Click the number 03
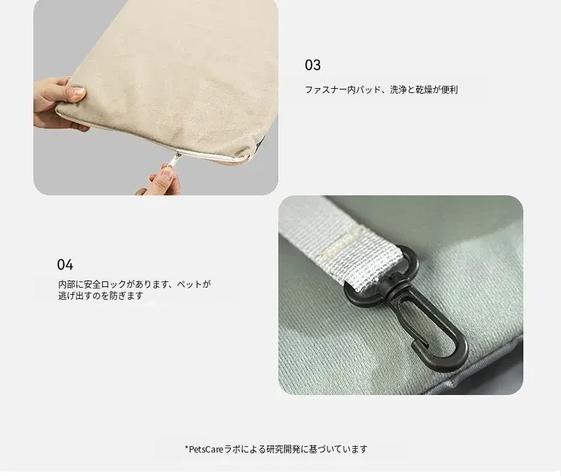click(x=312, y=65)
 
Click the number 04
click(x=65, y=265)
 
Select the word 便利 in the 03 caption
click(x=450, y=90)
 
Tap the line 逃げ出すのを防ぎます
click(x=101, y=296)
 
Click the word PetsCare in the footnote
click(x=206, y=449)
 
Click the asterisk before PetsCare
click(x=186, y=448)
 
